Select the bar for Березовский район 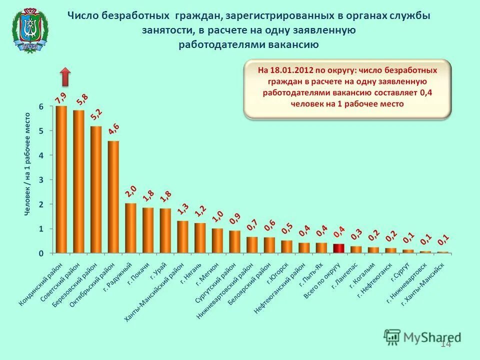96,189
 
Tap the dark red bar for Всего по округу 338,248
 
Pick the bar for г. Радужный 130,228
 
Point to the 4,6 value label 113,129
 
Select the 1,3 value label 183,209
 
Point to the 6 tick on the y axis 41,106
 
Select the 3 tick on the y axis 41,179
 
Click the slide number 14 446,343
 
